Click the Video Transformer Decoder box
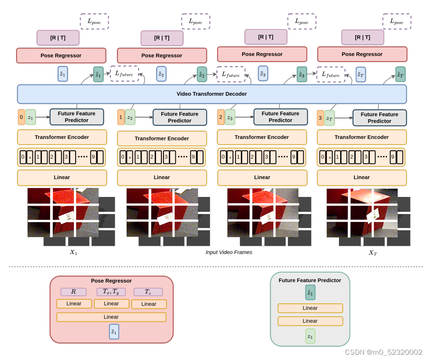(x=211, y=94)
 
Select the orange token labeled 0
(x=21, y=117)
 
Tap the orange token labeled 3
(x=320, y=118)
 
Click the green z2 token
(x=129, y=117)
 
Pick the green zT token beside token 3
(x=329, y=118)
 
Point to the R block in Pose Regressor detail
(x=73, y=292)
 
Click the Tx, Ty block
(x=111, y=292)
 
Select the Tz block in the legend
(x=148, y=292)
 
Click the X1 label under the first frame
(x=73, y=253)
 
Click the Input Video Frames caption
(x=229, y=252)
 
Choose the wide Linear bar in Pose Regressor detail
(x=111, y=317)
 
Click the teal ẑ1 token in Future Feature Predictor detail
(x=310, y=293)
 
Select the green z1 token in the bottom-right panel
(x=310, y=336)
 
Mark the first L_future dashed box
(x=124, y=74)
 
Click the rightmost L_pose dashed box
(x=396, y=22)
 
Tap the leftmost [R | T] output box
(x=58, y=38)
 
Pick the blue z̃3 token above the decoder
(x=263, y=73)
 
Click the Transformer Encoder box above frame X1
(x=62, y=137)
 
